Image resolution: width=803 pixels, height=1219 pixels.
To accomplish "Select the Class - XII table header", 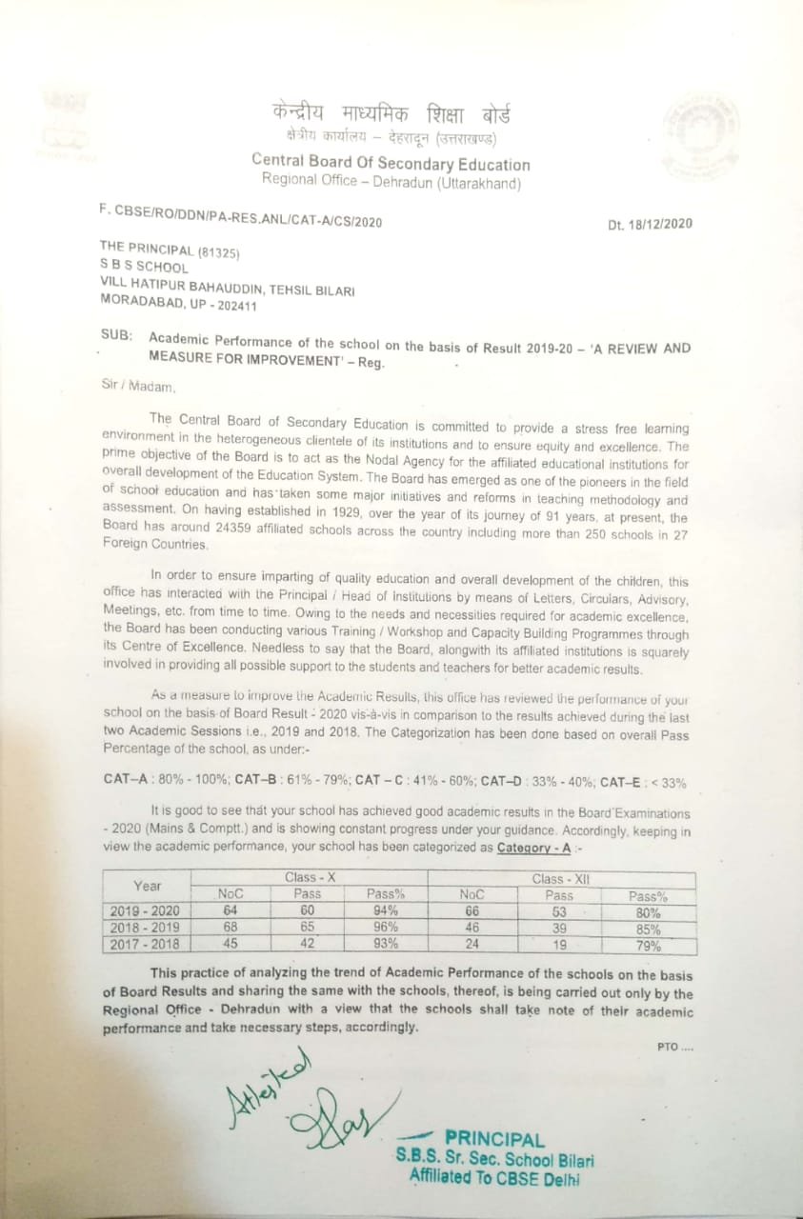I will [562, 879].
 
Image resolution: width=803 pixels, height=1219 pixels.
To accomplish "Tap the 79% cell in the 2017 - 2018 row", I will [648, 946].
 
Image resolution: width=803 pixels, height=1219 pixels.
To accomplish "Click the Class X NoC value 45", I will [230, 944].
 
